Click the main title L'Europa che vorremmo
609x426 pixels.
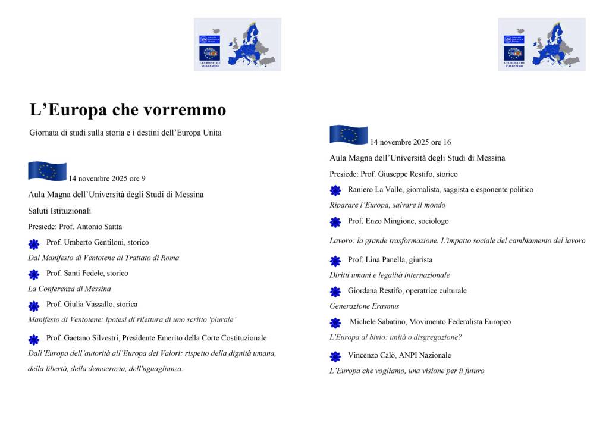[128, 111]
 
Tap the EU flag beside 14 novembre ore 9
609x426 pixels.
[47, 171]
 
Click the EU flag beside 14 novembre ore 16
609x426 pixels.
[349, 134]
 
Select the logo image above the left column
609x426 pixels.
[237, 45]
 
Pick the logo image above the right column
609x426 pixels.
[541, 45]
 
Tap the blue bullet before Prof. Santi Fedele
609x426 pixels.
[34, 274]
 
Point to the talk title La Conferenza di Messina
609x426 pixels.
[70, 289]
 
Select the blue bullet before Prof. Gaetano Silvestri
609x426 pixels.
[34, 339]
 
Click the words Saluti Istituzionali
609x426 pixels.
[59, 211]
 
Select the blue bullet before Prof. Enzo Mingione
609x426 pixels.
[335, 222]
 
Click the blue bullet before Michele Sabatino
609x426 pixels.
[335, 323]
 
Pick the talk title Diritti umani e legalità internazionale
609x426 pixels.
[390, 275]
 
